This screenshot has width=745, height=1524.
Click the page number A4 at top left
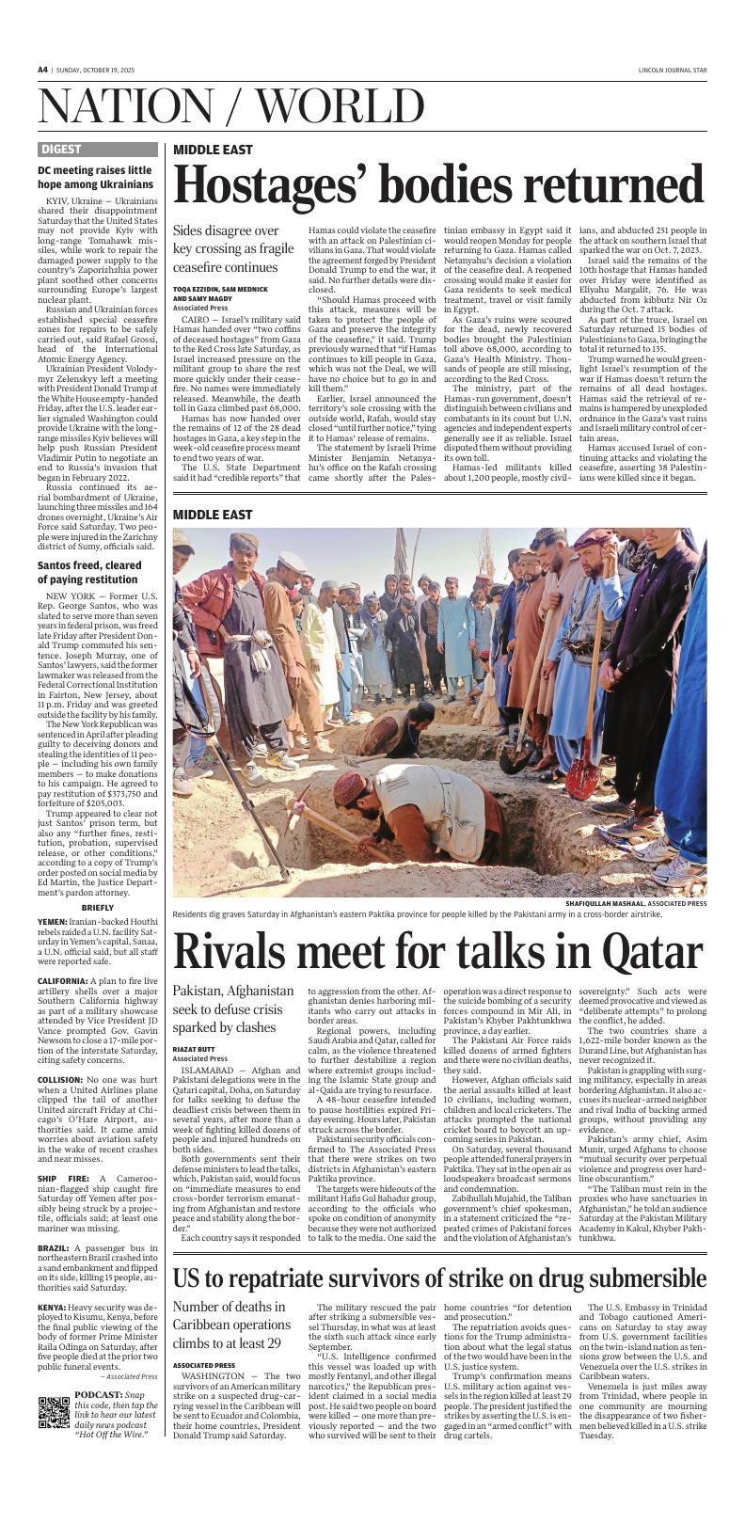pos(42,70)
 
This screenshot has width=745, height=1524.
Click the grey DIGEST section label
pos(61,149)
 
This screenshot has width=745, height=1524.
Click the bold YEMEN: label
pos(53,922)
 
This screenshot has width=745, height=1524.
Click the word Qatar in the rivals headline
pos(640,952)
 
